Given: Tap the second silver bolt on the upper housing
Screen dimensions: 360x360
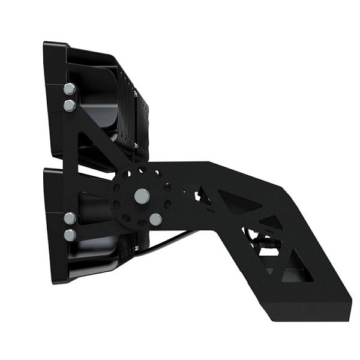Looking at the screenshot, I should point(69,106).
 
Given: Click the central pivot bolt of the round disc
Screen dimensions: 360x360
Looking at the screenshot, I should point(142,195).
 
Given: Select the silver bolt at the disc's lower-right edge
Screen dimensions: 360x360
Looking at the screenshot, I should point(155,220).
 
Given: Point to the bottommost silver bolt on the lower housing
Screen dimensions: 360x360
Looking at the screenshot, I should point(70,235).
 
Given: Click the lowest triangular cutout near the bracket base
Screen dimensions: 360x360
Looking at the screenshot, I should point(294,273).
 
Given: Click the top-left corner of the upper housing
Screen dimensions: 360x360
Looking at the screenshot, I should point(47,44).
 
